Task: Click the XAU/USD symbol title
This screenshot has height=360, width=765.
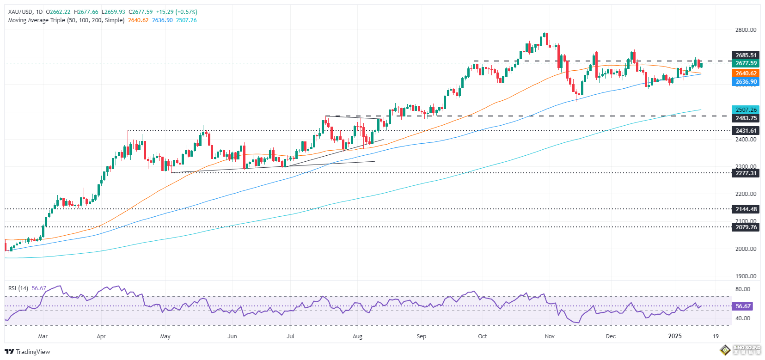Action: (20, 12)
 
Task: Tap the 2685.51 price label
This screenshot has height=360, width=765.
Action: (746, 55)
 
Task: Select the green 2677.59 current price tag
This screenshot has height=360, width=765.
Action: (746, 63)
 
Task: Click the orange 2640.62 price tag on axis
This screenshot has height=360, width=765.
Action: (746, 73)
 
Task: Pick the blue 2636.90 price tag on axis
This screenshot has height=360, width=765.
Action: (746, 82)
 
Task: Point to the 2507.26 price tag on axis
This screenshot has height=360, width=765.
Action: (746, 110)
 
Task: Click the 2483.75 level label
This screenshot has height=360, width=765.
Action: (746, 118)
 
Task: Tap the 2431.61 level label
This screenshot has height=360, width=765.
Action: (746, 131)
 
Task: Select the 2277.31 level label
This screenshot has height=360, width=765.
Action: (746, 173)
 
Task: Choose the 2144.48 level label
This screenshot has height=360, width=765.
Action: (746, 209)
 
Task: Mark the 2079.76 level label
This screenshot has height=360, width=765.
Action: (746, 227)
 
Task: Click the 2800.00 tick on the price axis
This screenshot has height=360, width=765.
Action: (746, 30)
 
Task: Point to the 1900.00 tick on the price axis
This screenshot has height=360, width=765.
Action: (746, 276)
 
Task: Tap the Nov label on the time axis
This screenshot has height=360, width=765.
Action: (550, 336)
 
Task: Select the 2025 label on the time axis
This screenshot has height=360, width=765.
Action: (675, 336)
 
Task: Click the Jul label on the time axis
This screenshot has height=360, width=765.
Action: (290, 336)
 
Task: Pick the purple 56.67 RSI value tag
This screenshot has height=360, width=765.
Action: (743, 306)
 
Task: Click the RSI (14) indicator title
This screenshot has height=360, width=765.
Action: (18, 288)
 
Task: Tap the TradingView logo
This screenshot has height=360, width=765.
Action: (28, 352)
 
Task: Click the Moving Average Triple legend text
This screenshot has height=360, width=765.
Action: (66, 20)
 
